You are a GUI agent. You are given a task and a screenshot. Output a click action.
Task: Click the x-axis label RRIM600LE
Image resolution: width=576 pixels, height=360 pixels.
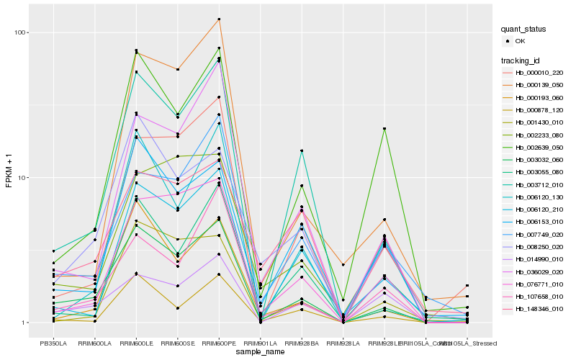pyautogui.click(x=136, y=343)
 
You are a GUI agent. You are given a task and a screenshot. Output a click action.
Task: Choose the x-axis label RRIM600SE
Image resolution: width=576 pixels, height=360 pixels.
pyautogui.click(x=178, y=343)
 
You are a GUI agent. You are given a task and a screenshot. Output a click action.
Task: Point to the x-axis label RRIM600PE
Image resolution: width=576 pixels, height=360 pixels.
pyautogui.click(x=219, y=343)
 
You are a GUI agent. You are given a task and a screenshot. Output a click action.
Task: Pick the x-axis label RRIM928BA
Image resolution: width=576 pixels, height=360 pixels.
pyautogui.click(x=302, y=343)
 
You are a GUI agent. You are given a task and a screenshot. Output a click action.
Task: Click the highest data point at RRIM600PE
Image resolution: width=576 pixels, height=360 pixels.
pyautogui.click(x=219, y=19)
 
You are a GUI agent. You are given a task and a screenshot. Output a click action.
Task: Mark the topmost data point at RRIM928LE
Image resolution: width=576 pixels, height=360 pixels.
pyautogui.click(x=384, y=129)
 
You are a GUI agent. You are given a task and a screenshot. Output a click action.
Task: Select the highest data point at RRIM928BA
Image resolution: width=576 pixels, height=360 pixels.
pyautogui.click(x=302, y=150)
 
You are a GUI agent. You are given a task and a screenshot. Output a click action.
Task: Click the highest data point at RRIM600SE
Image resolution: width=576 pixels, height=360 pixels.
pyautogui.click(x=178, y=69)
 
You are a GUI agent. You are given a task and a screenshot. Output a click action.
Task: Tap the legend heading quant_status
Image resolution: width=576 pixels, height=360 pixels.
pyautogui.click(x=523, y=30)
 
